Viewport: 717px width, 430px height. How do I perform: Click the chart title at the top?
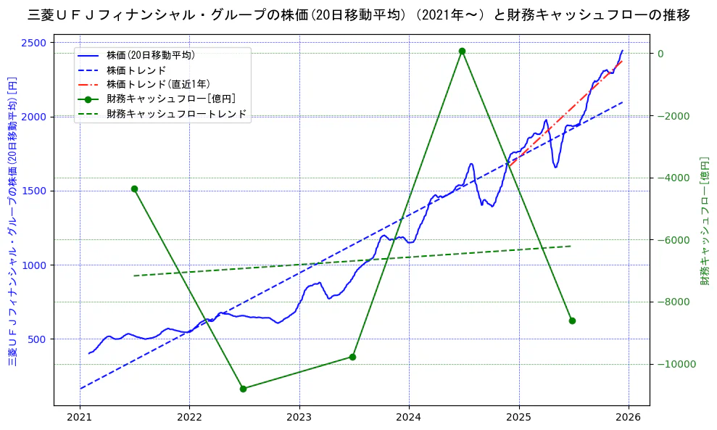pos(358,15)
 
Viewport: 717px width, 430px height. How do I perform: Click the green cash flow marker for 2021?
pos(134,189)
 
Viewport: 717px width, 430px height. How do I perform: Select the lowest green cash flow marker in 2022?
pos(243,389)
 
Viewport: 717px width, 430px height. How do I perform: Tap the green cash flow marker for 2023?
pos(352,357)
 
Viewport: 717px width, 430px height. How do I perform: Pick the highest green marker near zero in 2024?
pos(462,51)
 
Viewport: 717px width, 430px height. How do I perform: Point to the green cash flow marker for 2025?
pos(572,321)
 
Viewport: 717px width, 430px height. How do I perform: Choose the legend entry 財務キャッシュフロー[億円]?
pos(171,99)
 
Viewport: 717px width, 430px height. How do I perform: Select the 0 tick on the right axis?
pos(661,54)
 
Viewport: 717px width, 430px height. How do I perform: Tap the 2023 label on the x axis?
pos(299,419)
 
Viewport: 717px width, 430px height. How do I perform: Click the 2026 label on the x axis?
pos(629,419)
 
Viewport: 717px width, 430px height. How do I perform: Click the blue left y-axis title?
pos(12,221)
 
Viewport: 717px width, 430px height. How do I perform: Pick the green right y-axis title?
pos(704,221)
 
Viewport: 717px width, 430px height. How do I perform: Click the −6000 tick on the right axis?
pos(674,240)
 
